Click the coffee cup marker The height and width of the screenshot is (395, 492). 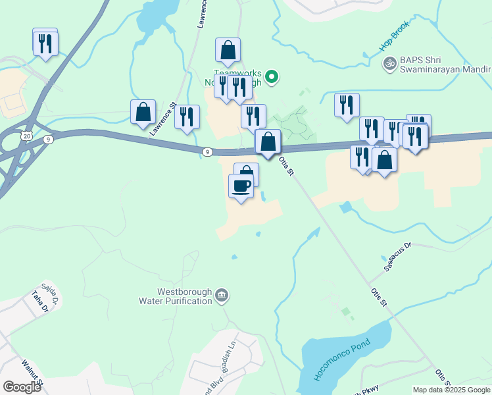[x=241, y=186]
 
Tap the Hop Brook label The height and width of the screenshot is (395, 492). [x=394, y=38]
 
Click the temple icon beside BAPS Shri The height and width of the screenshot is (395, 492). [x=389, y=63]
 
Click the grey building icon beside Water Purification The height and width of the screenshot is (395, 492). [x=222, y=296]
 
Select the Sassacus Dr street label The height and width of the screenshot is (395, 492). [x=397, y=257]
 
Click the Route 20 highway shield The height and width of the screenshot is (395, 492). [x=26, y=135]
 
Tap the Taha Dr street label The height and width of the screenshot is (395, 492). [x=37, y=303]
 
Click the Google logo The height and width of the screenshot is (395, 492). [x=22, y=387]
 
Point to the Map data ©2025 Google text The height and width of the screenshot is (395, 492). [x=451, y=390]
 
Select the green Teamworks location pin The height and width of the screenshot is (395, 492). [x=270, y=77]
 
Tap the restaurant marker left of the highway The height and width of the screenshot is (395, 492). [x=45, y=43]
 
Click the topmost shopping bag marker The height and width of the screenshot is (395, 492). [x=228, y=49]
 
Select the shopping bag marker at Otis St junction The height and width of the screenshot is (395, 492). [x=268, y=142]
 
